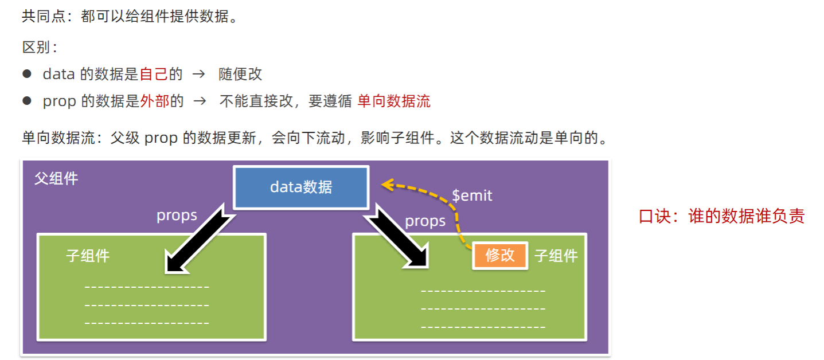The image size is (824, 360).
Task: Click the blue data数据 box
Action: (301, 187)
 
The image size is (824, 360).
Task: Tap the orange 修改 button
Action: (500, 255)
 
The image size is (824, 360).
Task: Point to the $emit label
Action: (472, 195)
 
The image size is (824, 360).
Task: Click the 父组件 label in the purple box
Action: (56, 178)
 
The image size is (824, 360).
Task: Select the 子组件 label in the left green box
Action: (88, 256)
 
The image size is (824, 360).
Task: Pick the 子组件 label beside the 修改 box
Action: (556, 256)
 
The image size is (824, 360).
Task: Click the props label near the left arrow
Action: (177, 216)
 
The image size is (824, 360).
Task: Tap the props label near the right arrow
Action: (425, 221)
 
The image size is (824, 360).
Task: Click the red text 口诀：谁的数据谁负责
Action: (722, 216)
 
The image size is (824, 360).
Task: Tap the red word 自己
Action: (154, 74)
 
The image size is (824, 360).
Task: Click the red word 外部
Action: (155, 101)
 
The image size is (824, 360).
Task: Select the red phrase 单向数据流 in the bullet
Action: (393, 101)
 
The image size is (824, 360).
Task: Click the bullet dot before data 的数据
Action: (26, 74)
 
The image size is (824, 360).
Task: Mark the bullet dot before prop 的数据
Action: (26, 101)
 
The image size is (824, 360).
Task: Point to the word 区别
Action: (36, 47)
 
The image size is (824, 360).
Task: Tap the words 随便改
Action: (240, 74)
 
